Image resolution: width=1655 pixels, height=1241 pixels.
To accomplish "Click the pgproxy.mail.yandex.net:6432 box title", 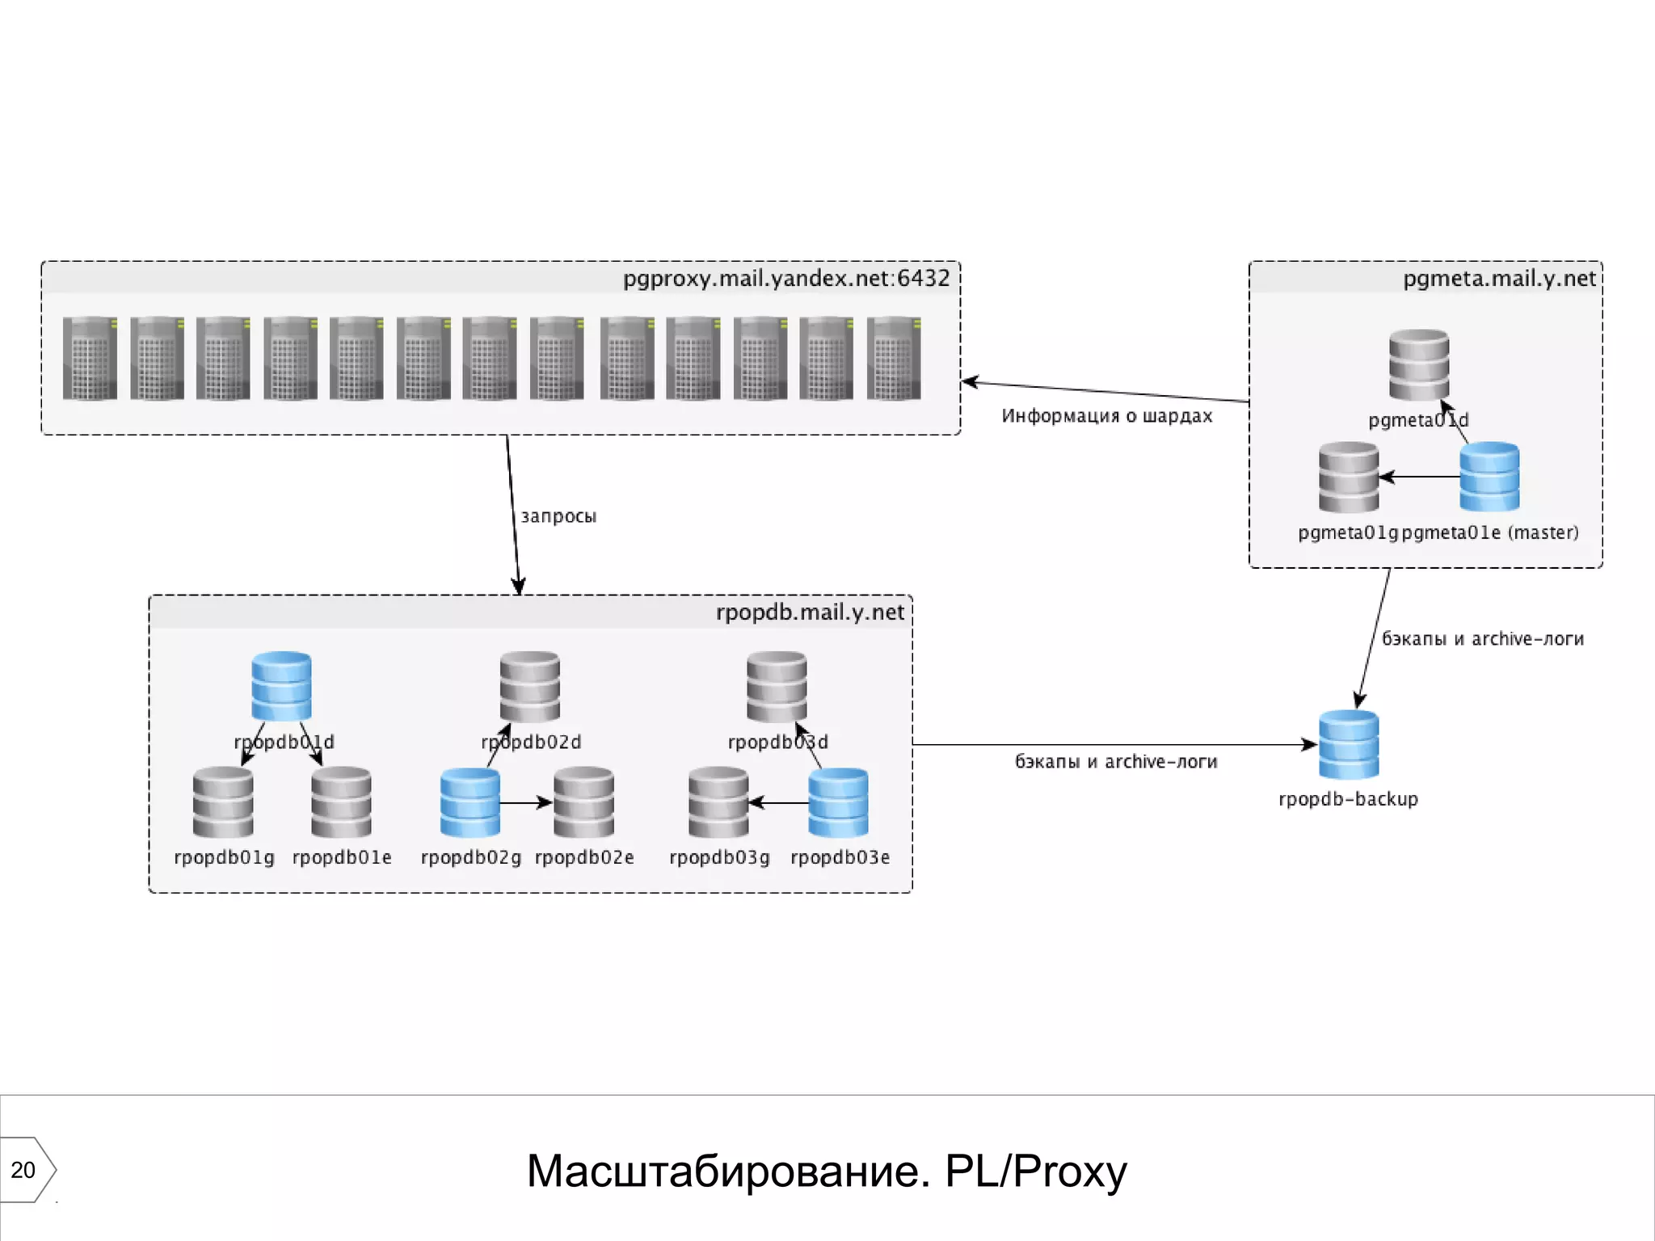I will pos(785,279).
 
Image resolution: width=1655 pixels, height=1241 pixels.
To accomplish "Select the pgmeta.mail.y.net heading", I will pos(1499,279).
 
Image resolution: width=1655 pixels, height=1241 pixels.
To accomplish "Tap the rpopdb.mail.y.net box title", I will pos(810,612).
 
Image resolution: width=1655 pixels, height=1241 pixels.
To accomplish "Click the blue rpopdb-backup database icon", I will pos(1349,744).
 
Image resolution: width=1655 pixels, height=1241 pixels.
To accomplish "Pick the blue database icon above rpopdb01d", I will pos(281,686).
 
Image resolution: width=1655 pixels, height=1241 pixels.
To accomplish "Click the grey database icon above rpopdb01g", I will pos(223,802).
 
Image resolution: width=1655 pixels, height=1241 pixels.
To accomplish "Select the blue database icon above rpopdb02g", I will pos(470,802).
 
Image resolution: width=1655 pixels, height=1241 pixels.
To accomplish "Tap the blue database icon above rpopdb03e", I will pos(838,802).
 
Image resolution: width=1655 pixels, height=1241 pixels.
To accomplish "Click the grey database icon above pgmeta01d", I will pos(1419,364).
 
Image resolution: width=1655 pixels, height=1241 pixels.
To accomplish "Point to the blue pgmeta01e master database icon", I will pos(1489,477).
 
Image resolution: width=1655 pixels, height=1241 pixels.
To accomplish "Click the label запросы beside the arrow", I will pos(558,516).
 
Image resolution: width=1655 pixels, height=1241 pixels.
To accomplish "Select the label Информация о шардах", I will pos(1106,416).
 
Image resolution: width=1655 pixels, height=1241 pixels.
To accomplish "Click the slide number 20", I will pos(23,1170).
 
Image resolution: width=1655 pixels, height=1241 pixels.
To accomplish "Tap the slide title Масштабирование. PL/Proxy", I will pos(826,1171).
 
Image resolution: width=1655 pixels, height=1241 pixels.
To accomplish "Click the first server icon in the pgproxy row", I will pos(90,358).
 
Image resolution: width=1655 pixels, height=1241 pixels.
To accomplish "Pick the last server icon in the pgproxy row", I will pos(893,358).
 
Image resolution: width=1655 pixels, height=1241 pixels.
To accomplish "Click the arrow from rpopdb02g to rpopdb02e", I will pos(526,803).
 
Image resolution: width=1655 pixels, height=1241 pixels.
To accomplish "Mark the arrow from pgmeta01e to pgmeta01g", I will pos(1419,477).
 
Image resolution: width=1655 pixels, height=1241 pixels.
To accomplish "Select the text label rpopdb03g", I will pos(719,857).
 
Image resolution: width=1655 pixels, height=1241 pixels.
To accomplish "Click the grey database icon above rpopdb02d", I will pos(529,686).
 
